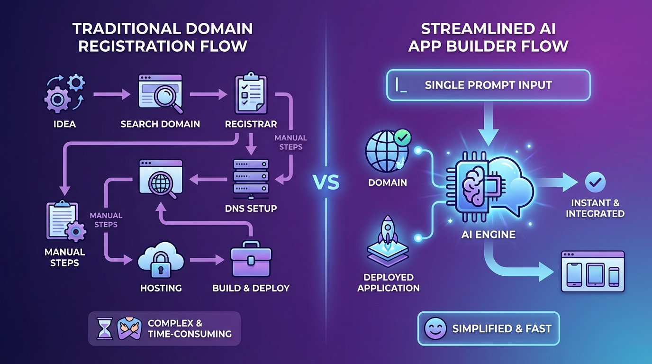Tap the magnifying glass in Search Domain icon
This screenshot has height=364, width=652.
[166, 98]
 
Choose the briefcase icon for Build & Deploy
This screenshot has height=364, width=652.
[251, 260]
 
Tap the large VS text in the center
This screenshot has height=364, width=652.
[326, 182]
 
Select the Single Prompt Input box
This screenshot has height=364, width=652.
[489, 85]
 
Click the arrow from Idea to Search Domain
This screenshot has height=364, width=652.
[112, 95]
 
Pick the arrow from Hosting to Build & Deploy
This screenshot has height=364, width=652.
[207, 260]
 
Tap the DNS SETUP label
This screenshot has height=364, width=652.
[252, 208]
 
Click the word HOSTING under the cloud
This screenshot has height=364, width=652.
[161, 288]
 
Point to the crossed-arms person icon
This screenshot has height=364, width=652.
[129, 328]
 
